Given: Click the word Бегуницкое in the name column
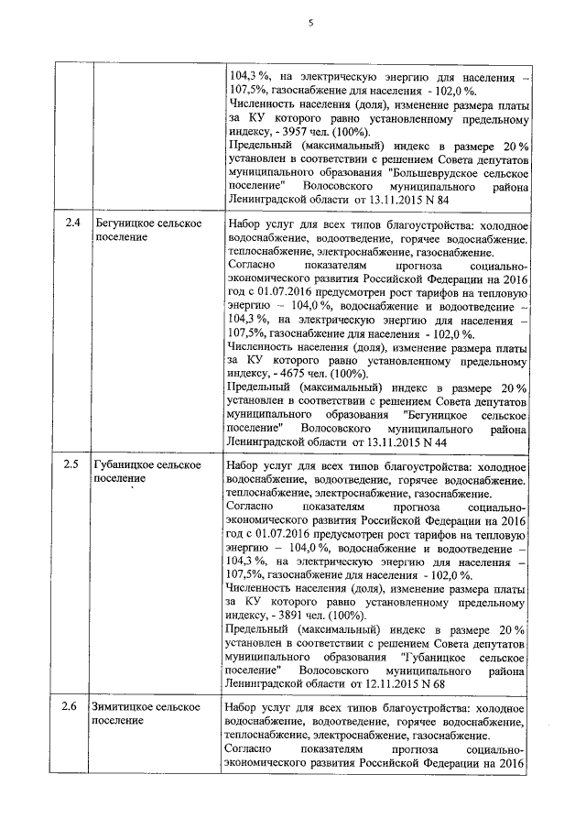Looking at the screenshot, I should point(125,224).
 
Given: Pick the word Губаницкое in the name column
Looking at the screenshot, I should point(125,465).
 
